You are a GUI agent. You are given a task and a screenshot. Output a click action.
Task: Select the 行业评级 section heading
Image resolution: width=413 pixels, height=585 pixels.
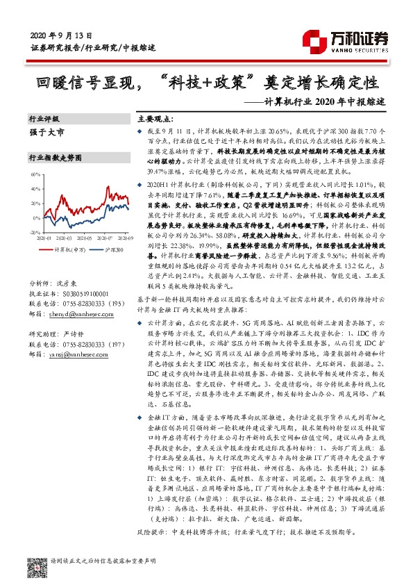point(44,120)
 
